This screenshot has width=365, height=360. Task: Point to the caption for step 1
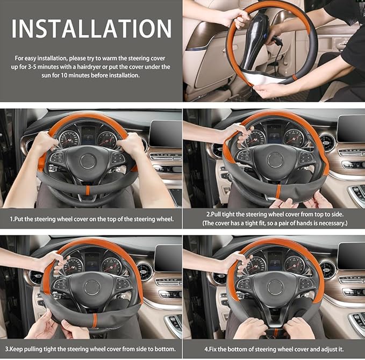(91, 220)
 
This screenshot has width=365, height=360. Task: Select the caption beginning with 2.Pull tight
(274, 214)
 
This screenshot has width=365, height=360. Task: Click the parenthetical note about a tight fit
(274, 223)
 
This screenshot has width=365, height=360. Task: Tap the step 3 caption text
(91, 349)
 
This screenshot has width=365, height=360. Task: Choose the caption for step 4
(274, 349)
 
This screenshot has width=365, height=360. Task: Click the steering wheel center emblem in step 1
(88, 161)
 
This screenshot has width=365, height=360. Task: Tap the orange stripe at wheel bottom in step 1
(88, 190)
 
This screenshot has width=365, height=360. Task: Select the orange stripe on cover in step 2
(278, 192)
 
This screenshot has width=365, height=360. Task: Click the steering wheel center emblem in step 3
(92, 287)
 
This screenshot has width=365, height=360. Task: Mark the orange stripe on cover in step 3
(94, 320)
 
